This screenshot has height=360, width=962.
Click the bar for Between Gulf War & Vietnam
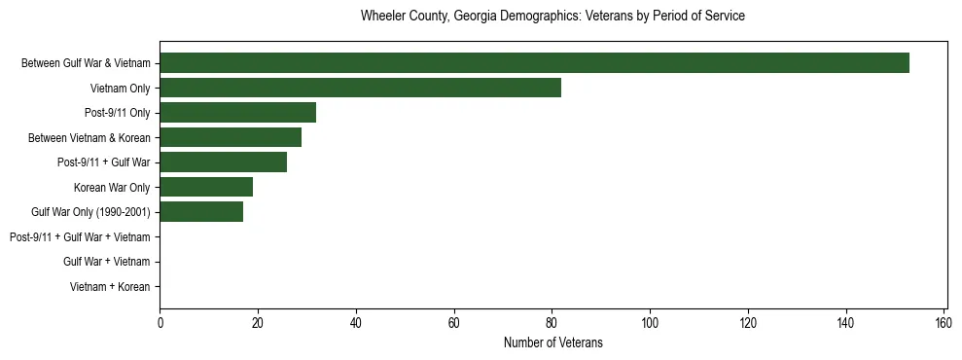534,63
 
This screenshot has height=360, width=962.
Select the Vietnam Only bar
360,88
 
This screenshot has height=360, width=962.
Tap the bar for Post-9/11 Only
237,113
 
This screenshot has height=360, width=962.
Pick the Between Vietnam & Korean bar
231,137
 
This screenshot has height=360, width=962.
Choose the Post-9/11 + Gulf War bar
223,162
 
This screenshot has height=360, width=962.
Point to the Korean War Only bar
206,187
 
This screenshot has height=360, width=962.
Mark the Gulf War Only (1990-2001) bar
201,212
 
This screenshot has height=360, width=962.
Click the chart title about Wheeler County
552,17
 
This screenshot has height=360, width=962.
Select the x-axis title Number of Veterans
552,342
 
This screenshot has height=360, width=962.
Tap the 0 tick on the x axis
160,322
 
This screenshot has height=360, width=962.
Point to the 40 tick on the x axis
356,322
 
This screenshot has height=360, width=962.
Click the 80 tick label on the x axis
552,322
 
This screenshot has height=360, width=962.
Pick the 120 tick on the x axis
748,322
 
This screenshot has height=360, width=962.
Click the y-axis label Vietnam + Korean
110,287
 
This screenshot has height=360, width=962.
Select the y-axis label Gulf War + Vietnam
106,262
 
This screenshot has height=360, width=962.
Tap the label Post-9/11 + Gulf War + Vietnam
80,237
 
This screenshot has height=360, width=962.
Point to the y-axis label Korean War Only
112,188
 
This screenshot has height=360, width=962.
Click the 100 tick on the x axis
650,322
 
